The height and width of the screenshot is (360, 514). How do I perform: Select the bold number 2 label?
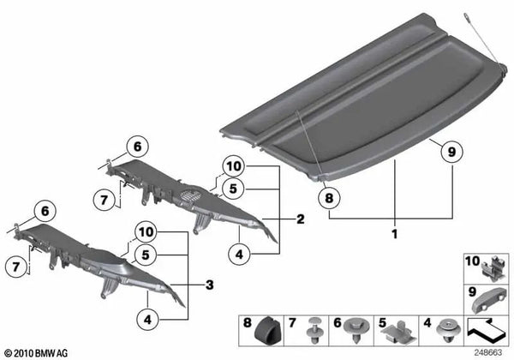300,219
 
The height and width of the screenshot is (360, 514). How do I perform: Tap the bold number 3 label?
209,283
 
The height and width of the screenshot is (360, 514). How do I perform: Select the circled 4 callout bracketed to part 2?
240,252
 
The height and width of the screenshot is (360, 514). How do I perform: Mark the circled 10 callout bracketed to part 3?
146,232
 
